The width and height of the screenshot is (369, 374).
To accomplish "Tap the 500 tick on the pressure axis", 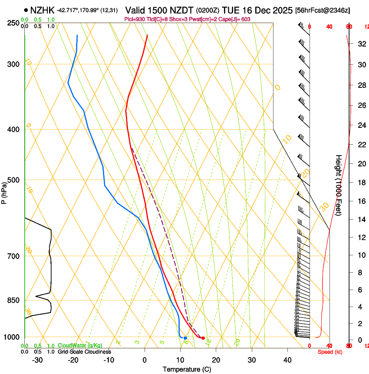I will click(13, 180).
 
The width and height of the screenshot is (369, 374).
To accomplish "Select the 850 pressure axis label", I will click(13, 301).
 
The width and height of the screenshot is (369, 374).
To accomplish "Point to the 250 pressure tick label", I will click(13, 23).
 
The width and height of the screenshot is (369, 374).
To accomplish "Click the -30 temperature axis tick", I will click(37, 360).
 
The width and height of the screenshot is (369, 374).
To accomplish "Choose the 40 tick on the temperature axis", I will click(287, 360).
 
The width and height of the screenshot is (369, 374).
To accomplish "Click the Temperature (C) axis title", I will click(187, 369).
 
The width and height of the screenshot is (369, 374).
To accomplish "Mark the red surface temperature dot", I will click(203, 338).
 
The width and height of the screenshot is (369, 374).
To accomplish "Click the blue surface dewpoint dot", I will click(185, 338).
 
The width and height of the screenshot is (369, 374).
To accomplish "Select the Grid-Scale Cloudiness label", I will click(84, 352).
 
